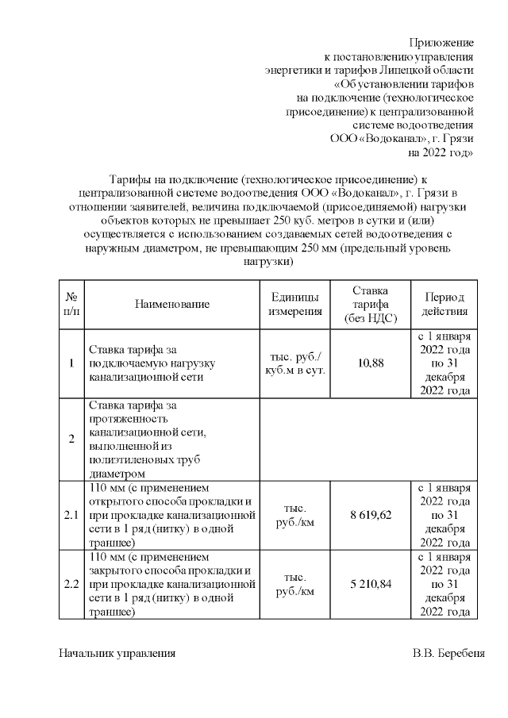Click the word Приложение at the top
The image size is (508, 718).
click(441, 41)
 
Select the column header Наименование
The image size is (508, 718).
click(172, 304)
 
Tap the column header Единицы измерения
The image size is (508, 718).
click(294, 304)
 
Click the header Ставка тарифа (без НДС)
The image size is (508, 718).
click(370, 304)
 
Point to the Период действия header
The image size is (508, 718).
click(444, 304)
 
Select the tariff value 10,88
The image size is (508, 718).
click(370, 363)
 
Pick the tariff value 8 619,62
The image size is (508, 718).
click(370, 515)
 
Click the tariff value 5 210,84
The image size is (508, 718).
click(370, 584)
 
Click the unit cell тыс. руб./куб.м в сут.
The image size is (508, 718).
click(294, 363)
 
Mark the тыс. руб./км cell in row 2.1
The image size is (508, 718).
click(294, 515)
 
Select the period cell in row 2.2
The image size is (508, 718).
click(444, 584)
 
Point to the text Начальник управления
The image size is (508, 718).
click(117, 654)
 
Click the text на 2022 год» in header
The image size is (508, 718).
click(441, 152)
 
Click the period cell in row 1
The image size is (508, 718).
click(444, 363)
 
